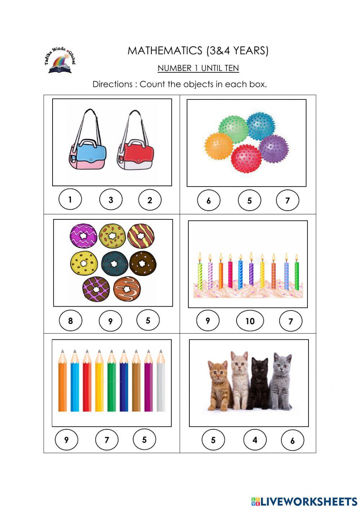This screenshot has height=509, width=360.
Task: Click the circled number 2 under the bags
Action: tap(150, 200)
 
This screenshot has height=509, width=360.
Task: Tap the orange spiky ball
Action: tap(218, 146)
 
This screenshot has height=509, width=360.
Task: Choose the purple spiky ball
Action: tap(274, 148)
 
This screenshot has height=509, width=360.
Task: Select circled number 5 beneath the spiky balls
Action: tap(249, 201)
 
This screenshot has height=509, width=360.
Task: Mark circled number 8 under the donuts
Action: tap(71, 320)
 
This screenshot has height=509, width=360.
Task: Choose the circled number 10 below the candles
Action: tap(250, 321)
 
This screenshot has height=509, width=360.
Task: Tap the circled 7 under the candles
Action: tap(291, 321)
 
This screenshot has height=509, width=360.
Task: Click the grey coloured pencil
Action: tap(161, 382)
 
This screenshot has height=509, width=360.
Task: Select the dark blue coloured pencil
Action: tap(123, 382)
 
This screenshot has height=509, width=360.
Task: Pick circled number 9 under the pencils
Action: tap(66, 440)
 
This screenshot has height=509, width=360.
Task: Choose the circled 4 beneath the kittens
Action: tap(255, 440)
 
